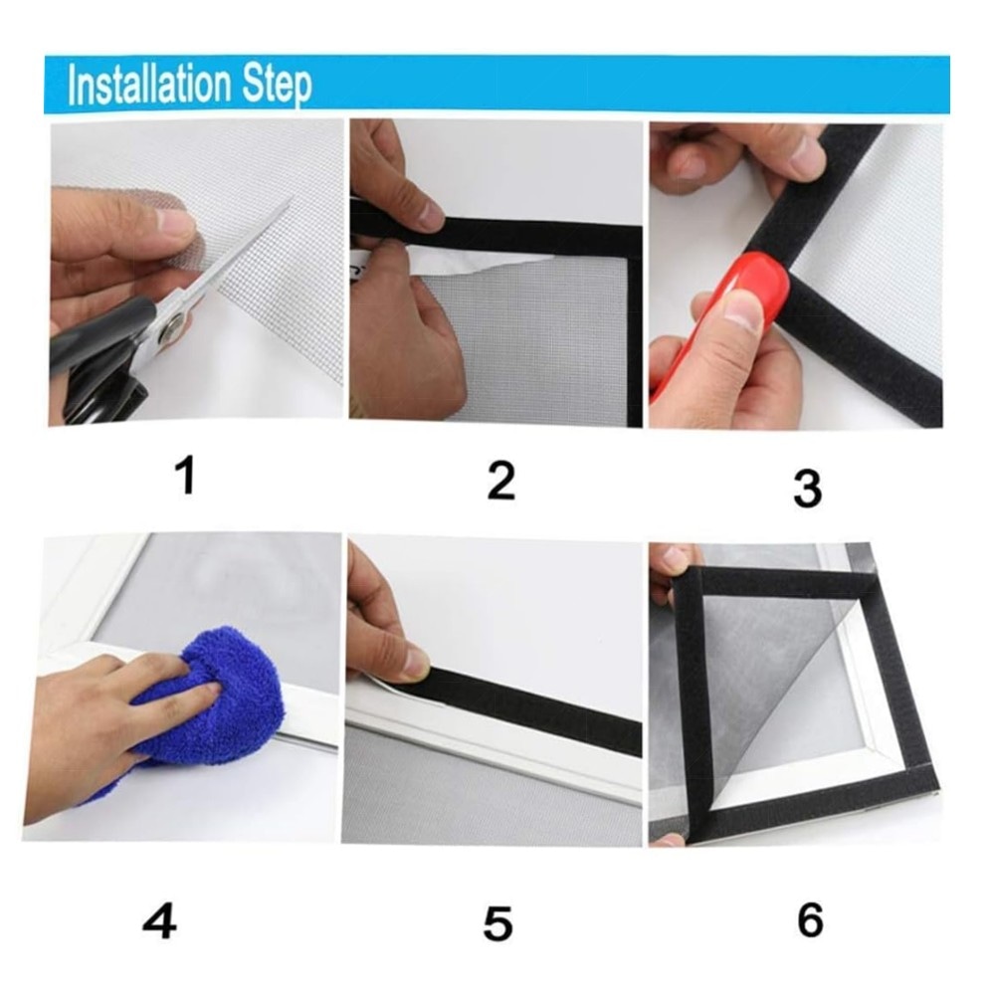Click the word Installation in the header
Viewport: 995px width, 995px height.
click(x=148, y=85)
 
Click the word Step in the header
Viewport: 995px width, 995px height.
click(x=277, y=87)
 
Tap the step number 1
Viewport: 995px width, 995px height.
click(x=185, y=476)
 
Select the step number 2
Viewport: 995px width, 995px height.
click(x=500, y=480)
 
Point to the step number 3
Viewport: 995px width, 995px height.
click(x=807, y=488)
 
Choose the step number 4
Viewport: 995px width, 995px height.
click(x=159, y=920)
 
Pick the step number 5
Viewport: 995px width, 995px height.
click(x=497, y=923)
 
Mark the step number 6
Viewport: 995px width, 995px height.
click(x=810, y=918)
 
